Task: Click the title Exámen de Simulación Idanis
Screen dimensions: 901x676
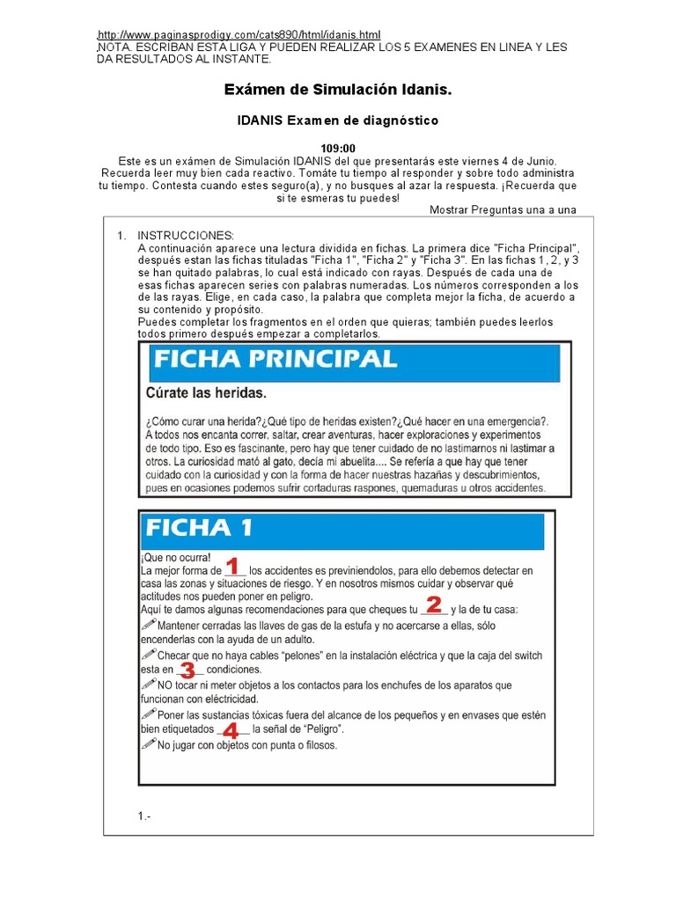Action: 339,90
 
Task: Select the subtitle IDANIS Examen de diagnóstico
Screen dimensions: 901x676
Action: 339,120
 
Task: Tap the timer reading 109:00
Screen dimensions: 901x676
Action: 339,149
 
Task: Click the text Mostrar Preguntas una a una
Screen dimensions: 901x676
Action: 503,209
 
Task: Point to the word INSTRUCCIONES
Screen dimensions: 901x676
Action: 187,236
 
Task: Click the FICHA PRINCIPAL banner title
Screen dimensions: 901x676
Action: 276,360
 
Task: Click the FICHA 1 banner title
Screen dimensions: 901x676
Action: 200,528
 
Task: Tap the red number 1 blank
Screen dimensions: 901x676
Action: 233,566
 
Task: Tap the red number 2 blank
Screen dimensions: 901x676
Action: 433,605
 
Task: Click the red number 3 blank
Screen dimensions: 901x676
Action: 187,670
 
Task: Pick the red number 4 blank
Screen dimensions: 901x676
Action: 231,730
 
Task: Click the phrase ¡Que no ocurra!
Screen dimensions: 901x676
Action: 169,558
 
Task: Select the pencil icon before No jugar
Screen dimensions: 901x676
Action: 147,744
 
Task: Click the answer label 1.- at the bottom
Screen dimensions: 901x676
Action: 145,817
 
